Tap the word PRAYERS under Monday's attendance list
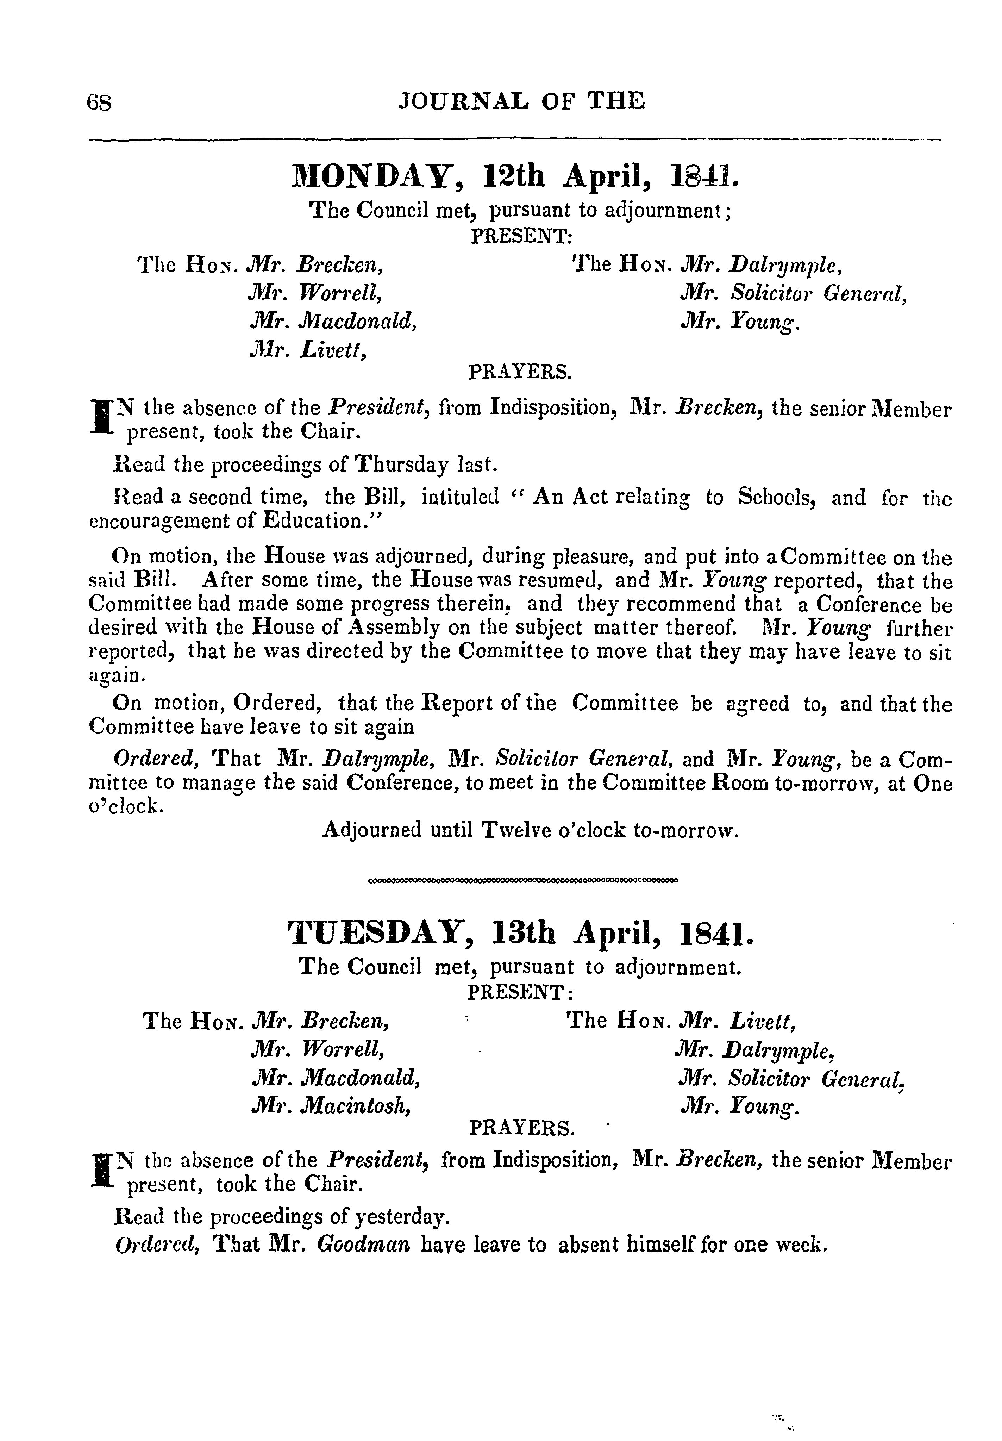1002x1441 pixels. click(520, 373)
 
